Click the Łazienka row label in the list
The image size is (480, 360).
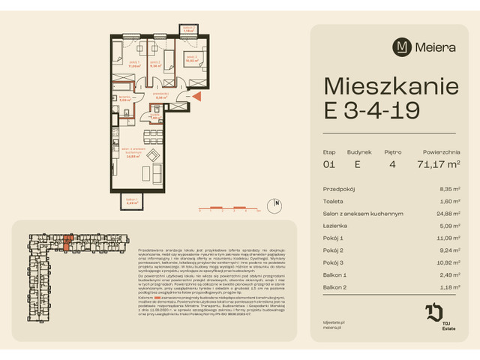pos(334,226)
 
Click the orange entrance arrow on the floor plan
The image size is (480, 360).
pos(196,96)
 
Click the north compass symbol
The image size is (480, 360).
pos(277,203)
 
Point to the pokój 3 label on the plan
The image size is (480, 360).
pos(191,57)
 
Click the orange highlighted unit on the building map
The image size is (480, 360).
pos(68,241)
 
